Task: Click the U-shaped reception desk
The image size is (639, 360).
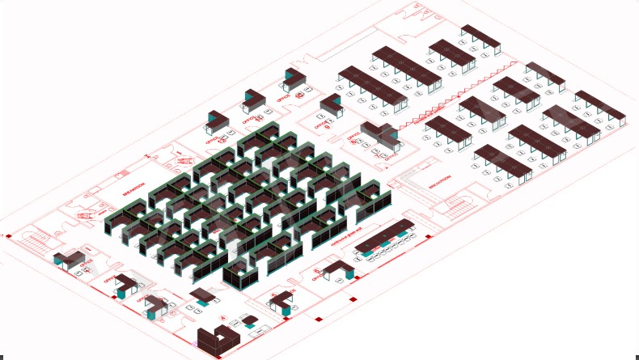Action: coord(217,339)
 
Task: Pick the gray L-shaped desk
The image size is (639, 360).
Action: coord(381,134)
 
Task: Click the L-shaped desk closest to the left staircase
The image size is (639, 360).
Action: coord(69,260)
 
